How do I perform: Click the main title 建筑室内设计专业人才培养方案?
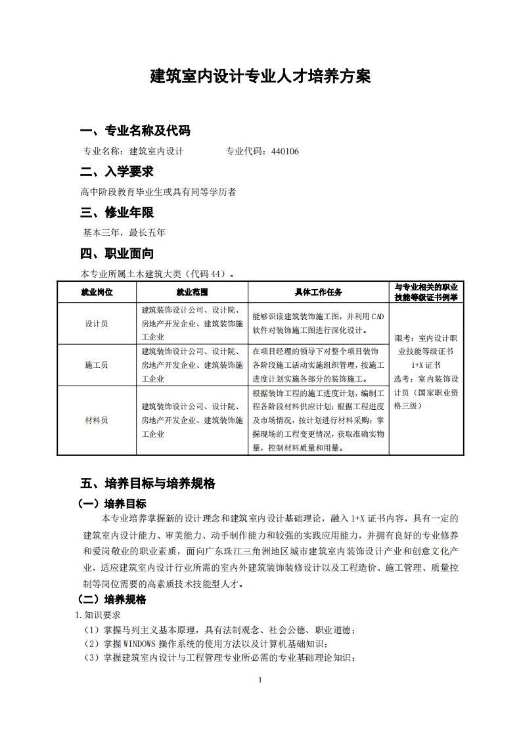coord(260,76)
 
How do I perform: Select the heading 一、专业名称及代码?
coord(135,130)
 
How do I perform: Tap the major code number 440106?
coord(284,151)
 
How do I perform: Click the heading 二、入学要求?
coord(117,171)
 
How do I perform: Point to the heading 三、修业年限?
coord(117,212)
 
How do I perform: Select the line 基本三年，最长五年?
coord(124,233)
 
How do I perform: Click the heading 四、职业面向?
coord(117,253)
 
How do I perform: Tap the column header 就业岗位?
coord(97,292)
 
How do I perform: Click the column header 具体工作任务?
coord(318,292)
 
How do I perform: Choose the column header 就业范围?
coord(192,292)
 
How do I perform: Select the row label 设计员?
coord(97,324)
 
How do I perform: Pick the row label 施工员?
coord(97,365)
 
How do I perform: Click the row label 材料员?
coord(97,420)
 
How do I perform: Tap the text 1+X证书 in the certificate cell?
coord(426,365)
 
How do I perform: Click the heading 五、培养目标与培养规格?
coord(148,483)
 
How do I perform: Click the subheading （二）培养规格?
coord(112,599)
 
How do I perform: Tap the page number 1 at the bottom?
coord(261,680)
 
